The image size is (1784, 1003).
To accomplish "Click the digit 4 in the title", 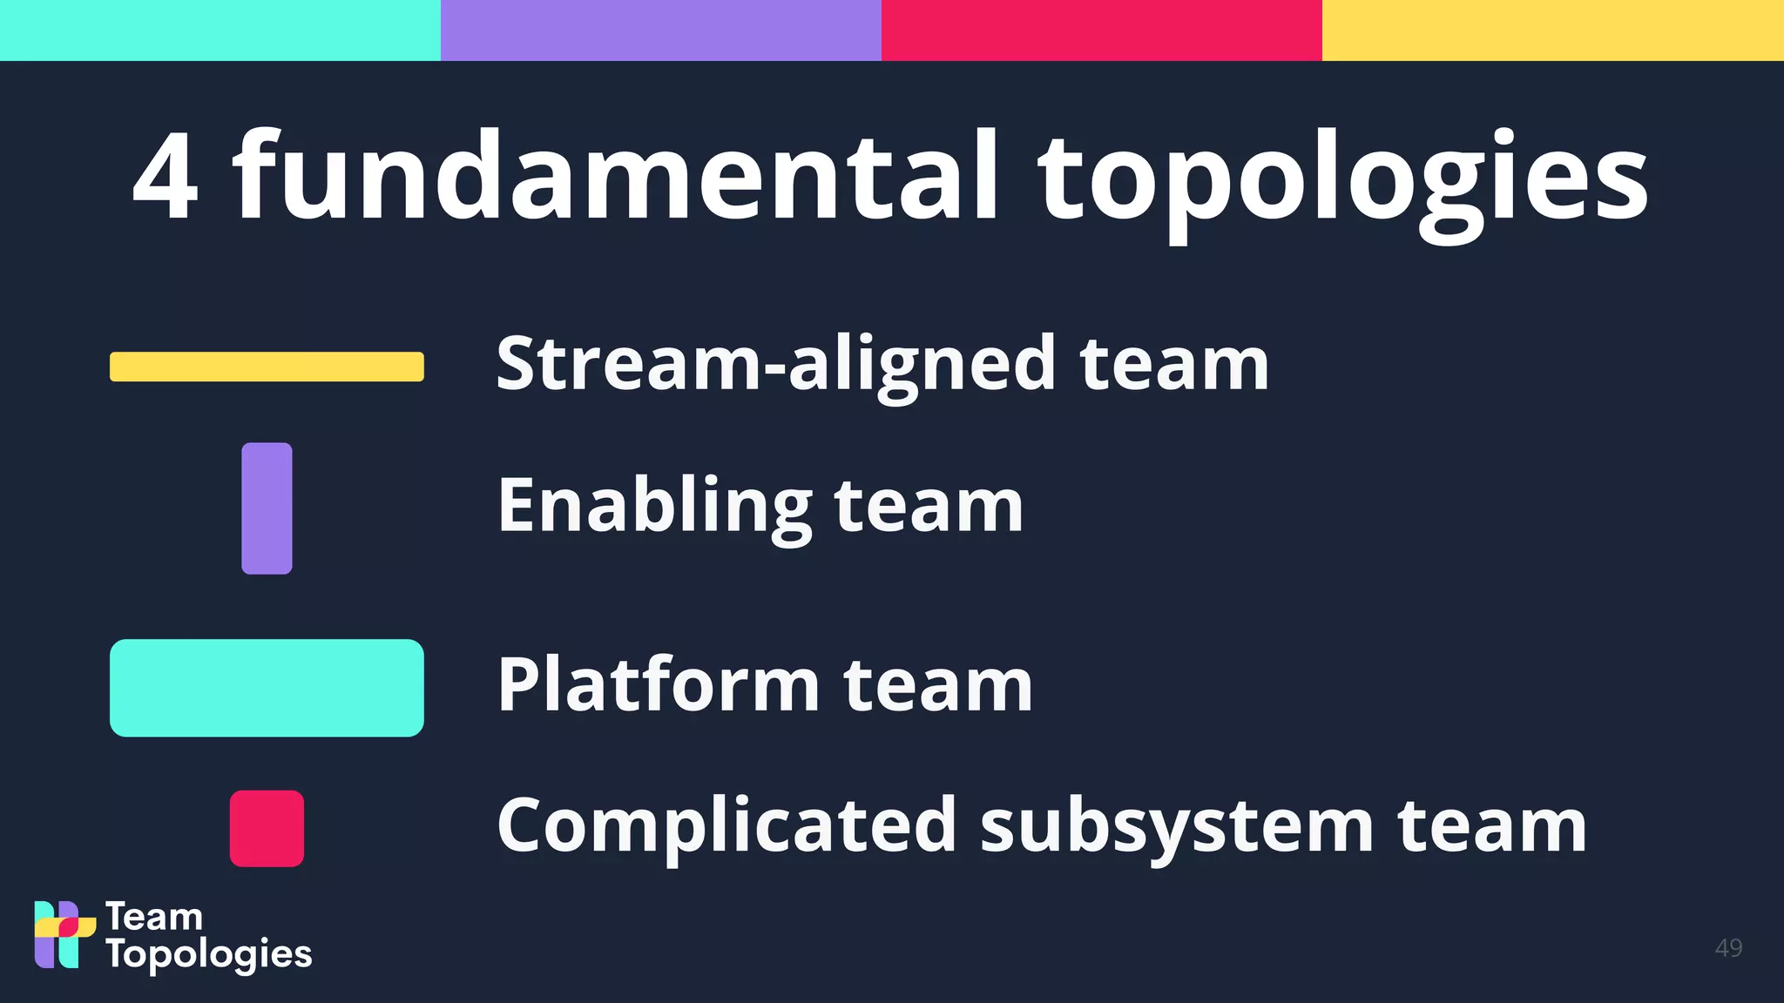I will [x=166, y=176].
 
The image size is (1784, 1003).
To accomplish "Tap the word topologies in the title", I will [x=1341, y=183].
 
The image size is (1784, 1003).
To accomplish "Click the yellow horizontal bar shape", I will [x=267, y=367].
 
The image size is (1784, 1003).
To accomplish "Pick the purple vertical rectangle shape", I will [x=267, y=508].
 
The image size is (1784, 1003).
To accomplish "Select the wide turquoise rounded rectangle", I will [x=267, y=688].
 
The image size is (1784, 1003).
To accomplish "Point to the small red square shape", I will [x=267, y=828].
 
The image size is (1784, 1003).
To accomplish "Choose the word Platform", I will [x=659, y=684].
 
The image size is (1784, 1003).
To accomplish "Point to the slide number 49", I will [x=1728, y=947].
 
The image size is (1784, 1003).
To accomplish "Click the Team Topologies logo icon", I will [x=64, y=934].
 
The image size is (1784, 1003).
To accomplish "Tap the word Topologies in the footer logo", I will [x=209, y=954].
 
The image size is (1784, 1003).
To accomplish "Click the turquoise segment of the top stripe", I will [x=220, y=30].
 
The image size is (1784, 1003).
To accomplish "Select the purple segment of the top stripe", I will [x=661, y=30].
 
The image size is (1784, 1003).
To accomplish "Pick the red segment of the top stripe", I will [x=1102, y=30].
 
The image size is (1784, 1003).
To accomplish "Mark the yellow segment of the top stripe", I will [x=1553, y=30].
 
